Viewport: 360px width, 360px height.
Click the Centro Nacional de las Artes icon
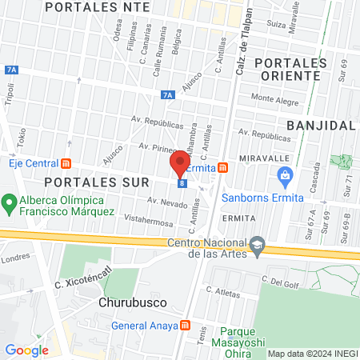[256, 245]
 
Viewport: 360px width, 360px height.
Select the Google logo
[26, 350]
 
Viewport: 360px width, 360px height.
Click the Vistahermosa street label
[145, 218]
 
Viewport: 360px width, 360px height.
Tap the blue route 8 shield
[182, 183]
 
